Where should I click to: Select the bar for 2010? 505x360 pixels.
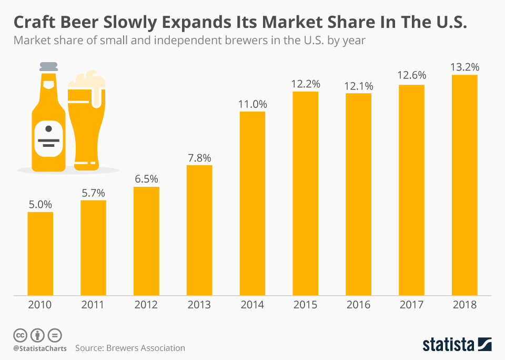pyautogui.click(x=41, y=253)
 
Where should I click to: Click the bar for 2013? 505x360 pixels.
pyautogui.click(x=199, y=230)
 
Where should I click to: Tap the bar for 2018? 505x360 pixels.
pyautogui.click(x=464, y=185)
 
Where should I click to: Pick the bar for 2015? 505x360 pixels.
pyautogui.click(x=306, y=193)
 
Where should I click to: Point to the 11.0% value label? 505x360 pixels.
pyautogui.click(x=252, y=104)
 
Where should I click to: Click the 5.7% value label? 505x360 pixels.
pyautogui.click(x=93, y=193)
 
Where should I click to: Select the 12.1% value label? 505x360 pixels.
pyautogui.click(x=358, y=86)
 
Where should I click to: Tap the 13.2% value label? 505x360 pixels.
pyautogui.click(x=464, y=67)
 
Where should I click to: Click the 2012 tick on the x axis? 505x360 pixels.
pyautogui.click(x=146, y=305)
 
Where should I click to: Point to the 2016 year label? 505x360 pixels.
pyautogui.click(x=358, y=305)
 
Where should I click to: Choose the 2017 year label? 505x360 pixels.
pyautogui.click(x=411, y=305)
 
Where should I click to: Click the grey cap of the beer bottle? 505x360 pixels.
pyautogui.click(x=48, y=67)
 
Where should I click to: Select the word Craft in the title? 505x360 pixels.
pyautogui.click(x=35, y=23)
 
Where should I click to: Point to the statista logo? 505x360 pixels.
pyautogui.click(x=457, y=345)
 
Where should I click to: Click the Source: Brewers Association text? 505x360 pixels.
pyautogui.click(x=130, y=348)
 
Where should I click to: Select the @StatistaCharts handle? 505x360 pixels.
pyautogui.click(x=40, y=348)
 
